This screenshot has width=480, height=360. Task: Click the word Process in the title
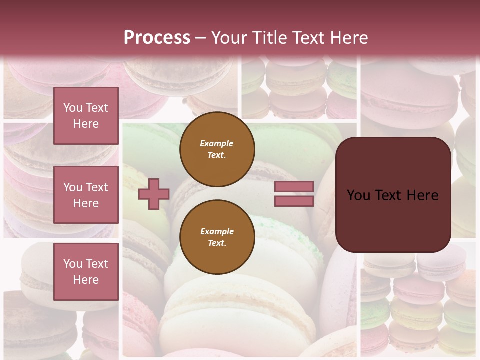pos(157,38)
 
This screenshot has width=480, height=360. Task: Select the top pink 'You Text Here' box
pos(86,116)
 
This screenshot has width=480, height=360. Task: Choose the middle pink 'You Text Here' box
pos(86,195)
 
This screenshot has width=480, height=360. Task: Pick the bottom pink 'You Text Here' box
pos(86,272)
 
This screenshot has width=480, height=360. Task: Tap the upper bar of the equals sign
pos(294,187)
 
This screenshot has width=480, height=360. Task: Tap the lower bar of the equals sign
pos(294,201)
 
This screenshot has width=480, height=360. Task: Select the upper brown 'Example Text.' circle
pos(217,149)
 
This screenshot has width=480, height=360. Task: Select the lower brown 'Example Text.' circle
pos(217,237)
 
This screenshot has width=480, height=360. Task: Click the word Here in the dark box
pos(423,195)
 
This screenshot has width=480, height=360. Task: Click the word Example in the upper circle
pos(217,143)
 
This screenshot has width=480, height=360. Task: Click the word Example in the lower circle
pos(217,231)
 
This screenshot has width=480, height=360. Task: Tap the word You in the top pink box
pos(73,108)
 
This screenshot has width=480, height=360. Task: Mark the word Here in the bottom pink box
pos(86,280)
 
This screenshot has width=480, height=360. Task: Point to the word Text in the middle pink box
pos(97,187)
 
